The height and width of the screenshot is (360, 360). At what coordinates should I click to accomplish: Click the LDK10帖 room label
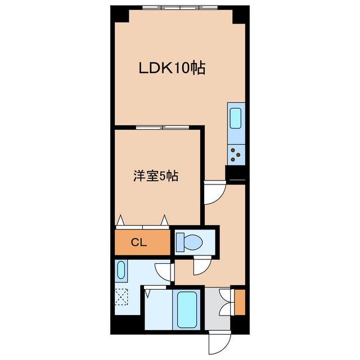pyautogui.click(x=172, y=69)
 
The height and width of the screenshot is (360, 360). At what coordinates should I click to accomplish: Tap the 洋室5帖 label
pyautogui.click(x=156, y=176)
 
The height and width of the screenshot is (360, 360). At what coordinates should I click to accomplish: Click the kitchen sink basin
pyautogui.click(x=236, y=119)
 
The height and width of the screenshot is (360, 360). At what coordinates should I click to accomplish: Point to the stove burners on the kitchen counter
pyautogui.click(x=236, y=153)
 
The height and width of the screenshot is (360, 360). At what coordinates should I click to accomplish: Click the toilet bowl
pyautogui.click(x=192, y=242)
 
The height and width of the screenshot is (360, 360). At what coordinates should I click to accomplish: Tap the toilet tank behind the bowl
pyautogui.click(x=179, y=242)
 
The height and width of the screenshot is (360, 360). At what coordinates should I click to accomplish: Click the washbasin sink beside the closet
pyautogui.click(x=121, y=271)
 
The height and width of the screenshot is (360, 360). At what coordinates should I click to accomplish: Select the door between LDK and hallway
pyautogui.click(x=213, y=193)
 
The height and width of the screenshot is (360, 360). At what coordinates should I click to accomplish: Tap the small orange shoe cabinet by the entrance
pyautogui.click(x=240, y=301)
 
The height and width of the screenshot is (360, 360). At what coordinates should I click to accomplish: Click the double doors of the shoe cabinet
pyautogui.click(x=226, y=301)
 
